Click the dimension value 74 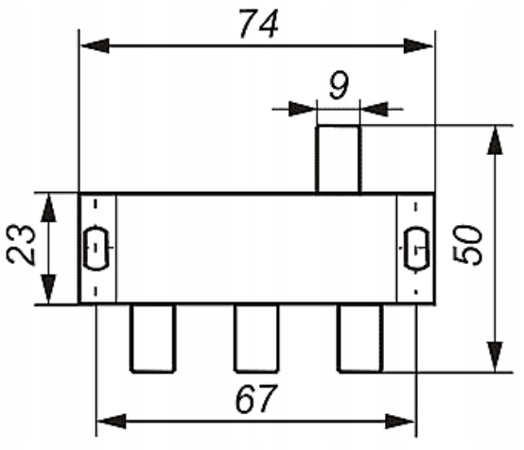pyautogui.click(x=258, y=24)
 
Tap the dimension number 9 pyautogui.click(x=339, y=85)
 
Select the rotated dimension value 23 pyautogui.click(x=21, y=245)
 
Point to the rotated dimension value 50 pyautogui.click(x=468, y=245)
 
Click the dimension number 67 pyautogui.click(x=256, y=399)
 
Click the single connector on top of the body pyautogui.click(x=339, y=159)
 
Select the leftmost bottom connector pyautogui.click(x=152, y=338)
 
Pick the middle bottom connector pyautogui.click(x=256, y=338)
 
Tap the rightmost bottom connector pyautogui.click(x=360, y=338)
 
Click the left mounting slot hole pyautogui.click(x=96, y=248)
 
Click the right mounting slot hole pyautogui.click(x=416, y=248)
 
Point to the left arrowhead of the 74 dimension pyautogui.click(x=95, y=45)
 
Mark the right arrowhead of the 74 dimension pyautogui.click(x=418, y=45)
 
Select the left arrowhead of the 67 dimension pyautogui.click(x=112, y=422)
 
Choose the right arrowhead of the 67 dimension pyautogui.click(x=400, y=422)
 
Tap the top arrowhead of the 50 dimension pyautogui.click(x=495, y=140)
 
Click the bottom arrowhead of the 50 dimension pyautogui.click(x=495, y=356)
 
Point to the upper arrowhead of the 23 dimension pyautogui.click(x=49, y=208)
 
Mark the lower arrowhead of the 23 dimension pyautogui.click(x=49, y=289)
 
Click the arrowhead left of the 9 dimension pyautogui.click(x=302, y=109)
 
